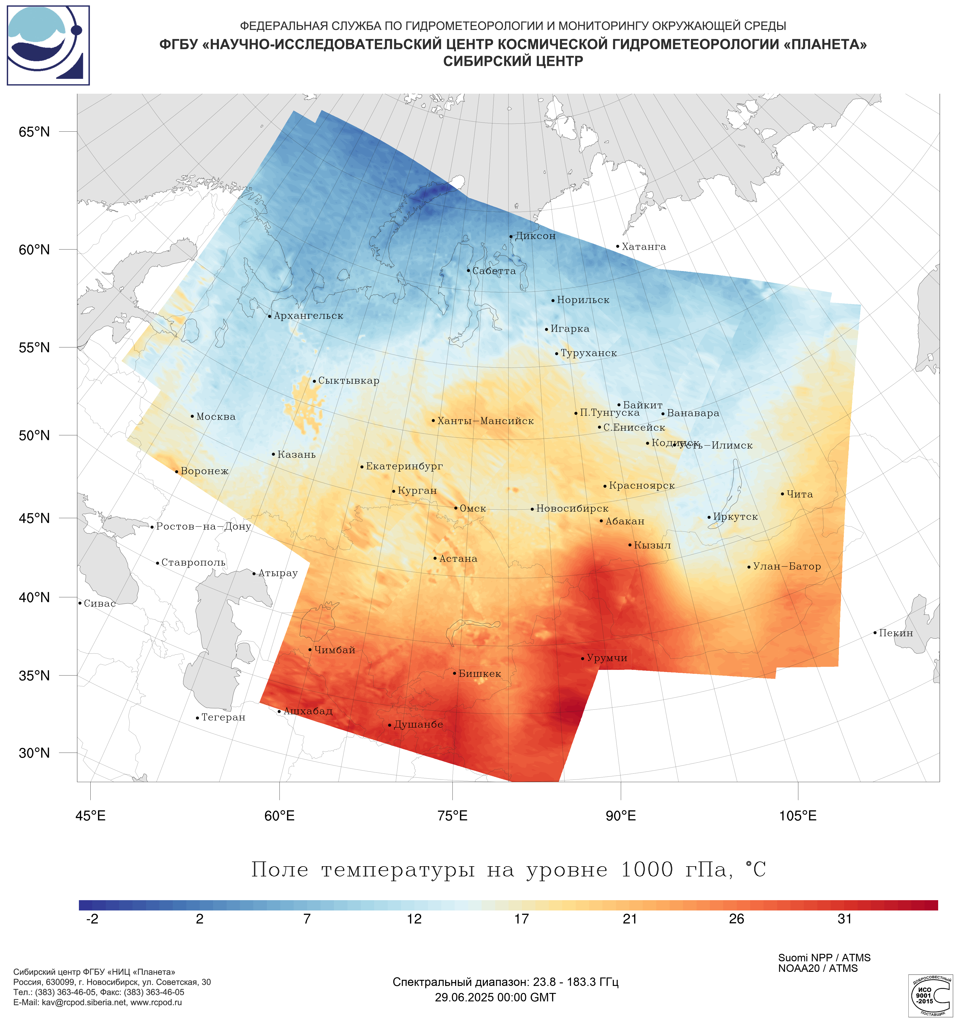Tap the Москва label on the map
(216, 417)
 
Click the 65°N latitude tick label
(34, 132)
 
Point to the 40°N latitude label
(34, 597)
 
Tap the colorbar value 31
(845, 919)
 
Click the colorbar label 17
(521, 919)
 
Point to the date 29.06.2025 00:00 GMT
(495, 997)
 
